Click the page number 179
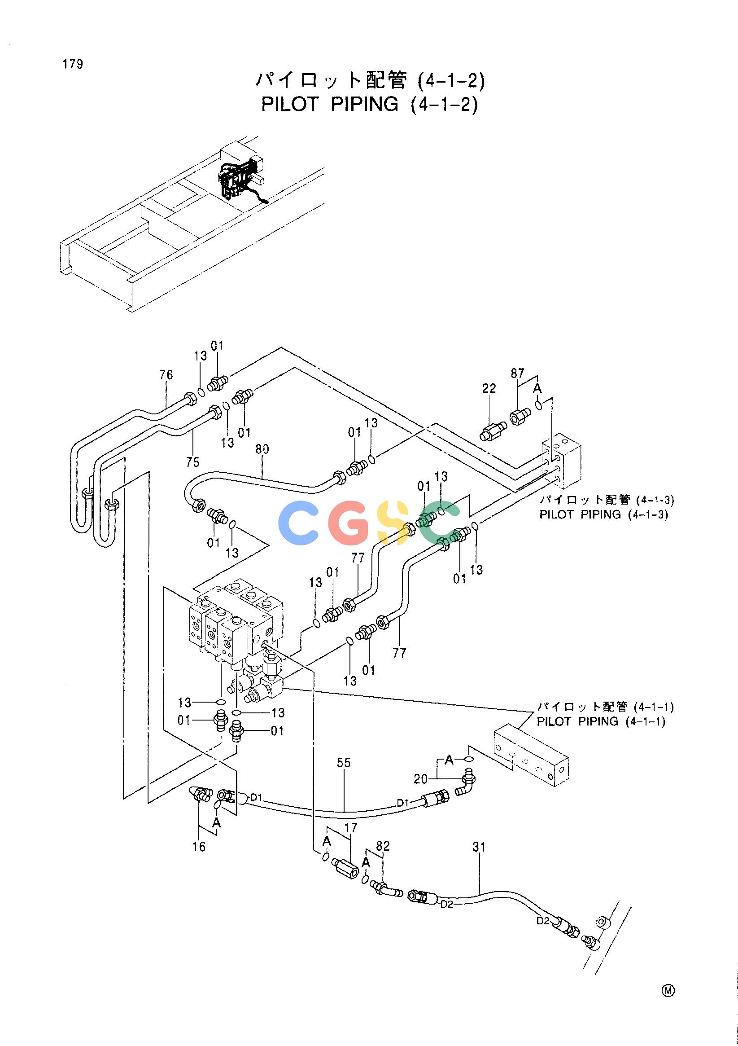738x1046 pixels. pyautogui.click(x=73, y=64)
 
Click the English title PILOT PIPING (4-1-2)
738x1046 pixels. pyautogui.click(x=370, y=104)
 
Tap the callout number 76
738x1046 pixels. pyautogui.click(x=166, y=375)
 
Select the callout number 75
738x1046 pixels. pyautogui.click(x=192, y=462)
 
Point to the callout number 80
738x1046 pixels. pyautogui.click(x=262, y=449)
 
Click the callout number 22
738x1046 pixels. pyautogui.click(x=489, y=388)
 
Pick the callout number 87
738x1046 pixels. pyautogui.click(x=517, y=374)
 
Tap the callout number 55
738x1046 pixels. pyautogui.click(x=344, y=763)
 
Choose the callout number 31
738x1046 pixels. pyautogui.click(x=479, y=847)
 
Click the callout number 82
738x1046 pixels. pyautogui.click(x=383, y=846)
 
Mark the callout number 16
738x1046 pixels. pyautogui.click(x=199, y=847)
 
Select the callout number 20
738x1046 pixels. pyautogui.click(x=421, y=779)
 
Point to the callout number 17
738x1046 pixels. pyautogui.click(x=351, y=828)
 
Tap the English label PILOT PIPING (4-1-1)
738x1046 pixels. pyautogui.click(x=601, y=721)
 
